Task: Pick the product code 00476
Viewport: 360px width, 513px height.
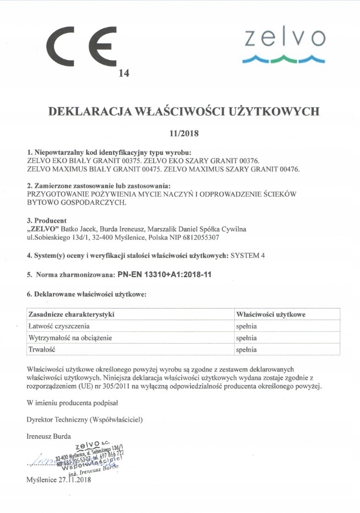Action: click(x=287, y=169)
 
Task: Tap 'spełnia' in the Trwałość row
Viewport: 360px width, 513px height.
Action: click(x=247, y=349)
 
